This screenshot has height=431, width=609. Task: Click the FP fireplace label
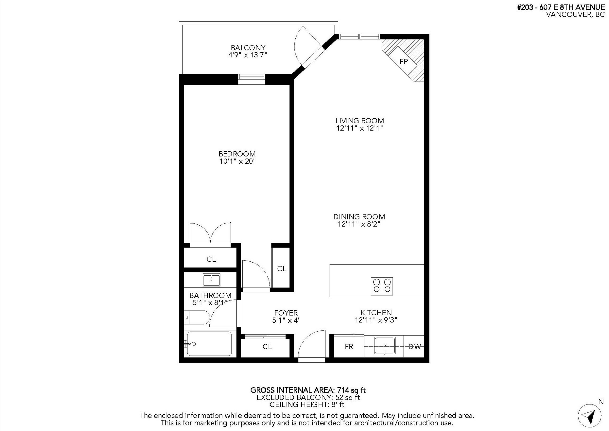click(x=403, y=62)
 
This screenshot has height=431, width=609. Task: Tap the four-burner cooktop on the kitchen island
click(x=382, y=286)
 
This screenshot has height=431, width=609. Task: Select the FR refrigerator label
click(x=349, y=347)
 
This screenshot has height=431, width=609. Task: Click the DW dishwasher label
click(x=414, y=347)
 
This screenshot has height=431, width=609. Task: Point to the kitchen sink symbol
click(x=385, y=346)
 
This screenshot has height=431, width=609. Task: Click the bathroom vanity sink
click(x=211, y=280)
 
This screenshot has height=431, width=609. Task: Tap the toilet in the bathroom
click(x=197, y=317)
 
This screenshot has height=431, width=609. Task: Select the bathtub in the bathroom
click(x=209, y=344)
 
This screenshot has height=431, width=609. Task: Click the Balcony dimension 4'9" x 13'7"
click(x=247, y=55)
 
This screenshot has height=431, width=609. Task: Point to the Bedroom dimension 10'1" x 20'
click(x=237, y=161)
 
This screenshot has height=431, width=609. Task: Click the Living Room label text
click(x=359, y=121)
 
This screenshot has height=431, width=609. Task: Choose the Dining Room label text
click(x=359, y=217)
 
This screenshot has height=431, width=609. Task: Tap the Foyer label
click(x=286, y=313)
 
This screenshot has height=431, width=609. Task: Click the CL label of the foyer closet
click(x=267, y=347)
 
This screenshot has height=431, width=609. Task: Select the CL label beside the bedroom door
click(x=282, y=269)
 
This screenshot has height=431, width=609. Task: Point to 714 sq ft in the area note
click(x=351, y=390)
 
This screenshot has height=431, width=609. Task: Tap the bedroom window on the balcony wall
click(x=252, y=79)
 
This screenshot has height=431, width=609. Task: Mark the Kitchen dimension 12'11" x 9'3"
click(x=376, y=320)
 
